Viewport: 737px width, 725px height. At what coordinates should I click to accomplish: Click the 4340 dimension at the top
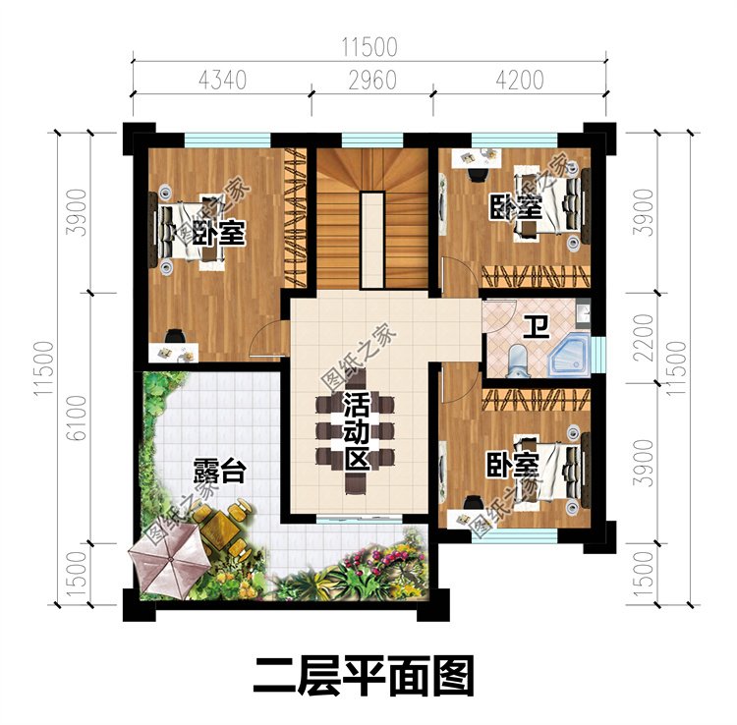(222, 80)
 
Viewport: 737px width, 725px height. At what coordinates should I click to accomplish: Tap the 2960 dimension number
(372, 80)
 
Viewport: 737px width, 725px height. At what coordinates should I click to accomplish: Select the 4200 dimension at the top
(520, 80)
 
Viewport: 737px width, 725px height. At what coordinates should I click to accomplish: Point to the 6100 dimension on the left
(77, 418)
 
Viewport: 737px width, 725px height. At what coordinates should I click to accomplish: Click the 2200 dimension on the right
(644, 337)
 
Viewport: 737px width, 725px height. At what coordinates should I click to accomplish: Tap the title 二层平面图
(364, 676)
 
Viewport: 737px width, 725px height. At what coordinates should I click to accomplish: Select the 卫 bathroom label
(537, 327)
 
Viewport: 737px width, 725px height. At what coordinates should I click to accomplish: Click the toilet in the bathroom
(518, 361)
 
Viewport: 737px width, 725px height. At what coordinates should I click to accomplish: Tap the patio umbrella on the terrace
(168, 561)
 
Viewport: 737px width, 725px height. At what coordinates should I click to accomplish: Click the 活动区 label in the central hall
(356, 431)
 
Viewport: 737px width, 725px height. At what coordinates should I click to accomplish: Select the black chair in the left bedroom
(175, 336)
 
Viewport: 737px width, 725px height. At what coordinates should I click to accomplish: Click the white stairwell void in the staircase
(372, 240)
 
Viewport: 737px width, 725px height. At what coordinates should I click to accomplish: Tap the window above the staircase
(372, 140)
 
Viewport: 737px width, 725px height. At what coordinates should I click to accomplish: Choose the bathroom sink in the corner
(584, 310)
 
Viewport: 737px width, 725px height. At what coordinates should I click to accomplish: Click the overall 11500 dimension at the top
(369, 47)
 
